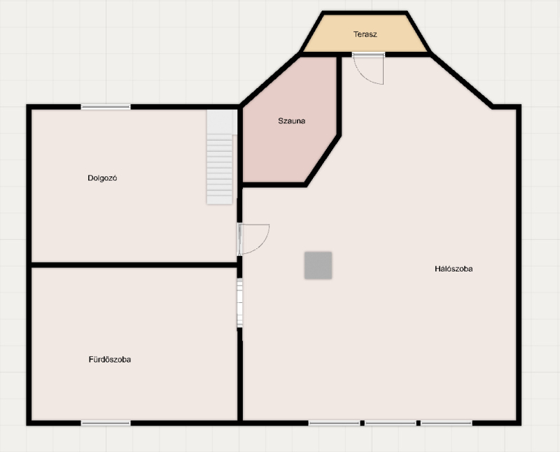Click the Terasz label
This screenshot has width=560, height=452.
tap(365, 34)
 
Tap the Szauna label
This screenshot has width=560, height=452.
tap(291, 120)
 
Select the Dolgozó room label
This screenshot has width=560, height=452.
tap(102, 178)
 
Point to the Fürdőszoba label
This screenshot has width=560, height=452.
tap(110, 360)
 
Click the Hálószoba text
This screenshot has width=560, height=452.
tap(454, 269)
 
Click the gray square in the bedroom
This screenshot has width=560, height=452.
tap(318, 265)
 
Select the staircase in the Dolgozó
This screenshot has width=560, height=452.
tap(220, 157)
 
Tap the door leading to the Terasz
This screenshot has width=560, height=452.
tap(368, 68)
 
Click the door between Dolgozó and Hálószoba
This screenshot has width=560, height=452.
tap(253, 239)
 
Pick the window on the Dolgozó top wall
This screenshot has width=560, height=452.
tap(106, 107)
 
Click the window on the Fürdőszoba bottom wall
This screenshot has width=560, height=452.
tap(106, 423)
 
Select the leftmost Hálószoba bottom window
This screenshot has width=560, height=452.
tap(335, 423)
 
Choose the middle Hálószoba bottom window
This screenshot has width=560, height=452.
tap(391, 423)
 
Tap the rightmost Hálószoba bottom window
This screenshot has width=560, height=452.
tap(447, 423)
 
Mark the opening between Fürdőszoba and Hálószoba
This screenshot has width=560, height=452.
tap(240, 303)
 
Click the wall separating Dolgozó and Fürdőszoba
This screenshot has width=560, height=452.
tap(134, 265)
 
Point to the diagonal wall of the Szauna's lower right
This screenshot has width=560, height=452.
tap(323, 160)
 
